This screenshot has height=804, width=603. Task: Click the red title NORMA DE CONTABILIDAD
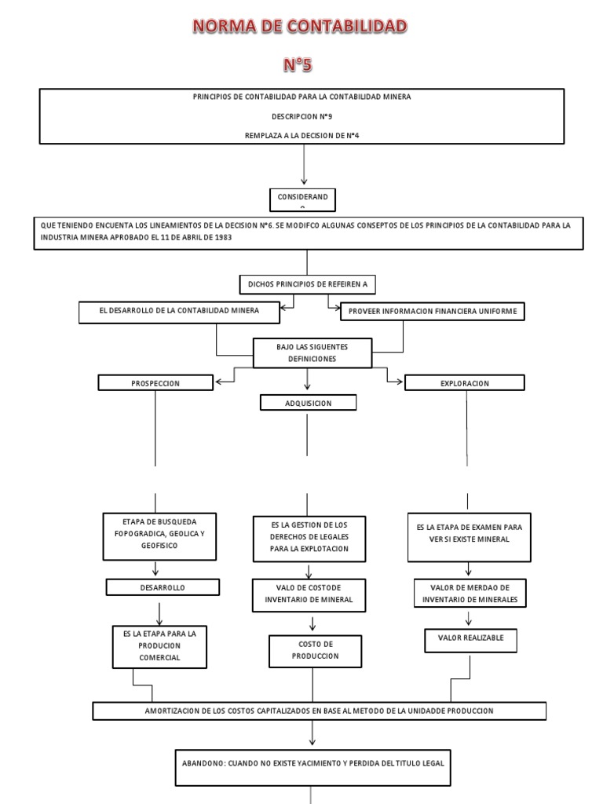(301, 27)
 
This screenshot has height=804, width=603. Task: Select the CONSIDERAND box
(302, 199)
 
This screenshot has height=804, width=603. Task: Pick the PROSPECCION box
(155, 383)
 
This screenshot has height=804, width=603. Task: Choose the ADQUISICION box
(307, 403)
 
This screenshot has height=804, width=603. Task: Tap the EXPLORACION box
(465, 383)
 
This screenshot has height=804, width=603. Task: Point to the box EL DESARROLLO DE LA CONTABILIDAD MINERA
(179, 312)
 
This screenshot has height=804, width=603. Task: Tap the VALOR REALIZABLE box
(470, 638)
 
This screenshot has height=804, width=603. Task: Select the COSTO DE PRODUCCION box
(313, 649)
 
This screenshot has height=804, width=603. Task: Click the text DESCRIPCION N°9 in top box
(301, 115)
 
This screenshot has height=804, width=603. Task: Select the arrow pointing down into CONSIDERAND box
(303, 178)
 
